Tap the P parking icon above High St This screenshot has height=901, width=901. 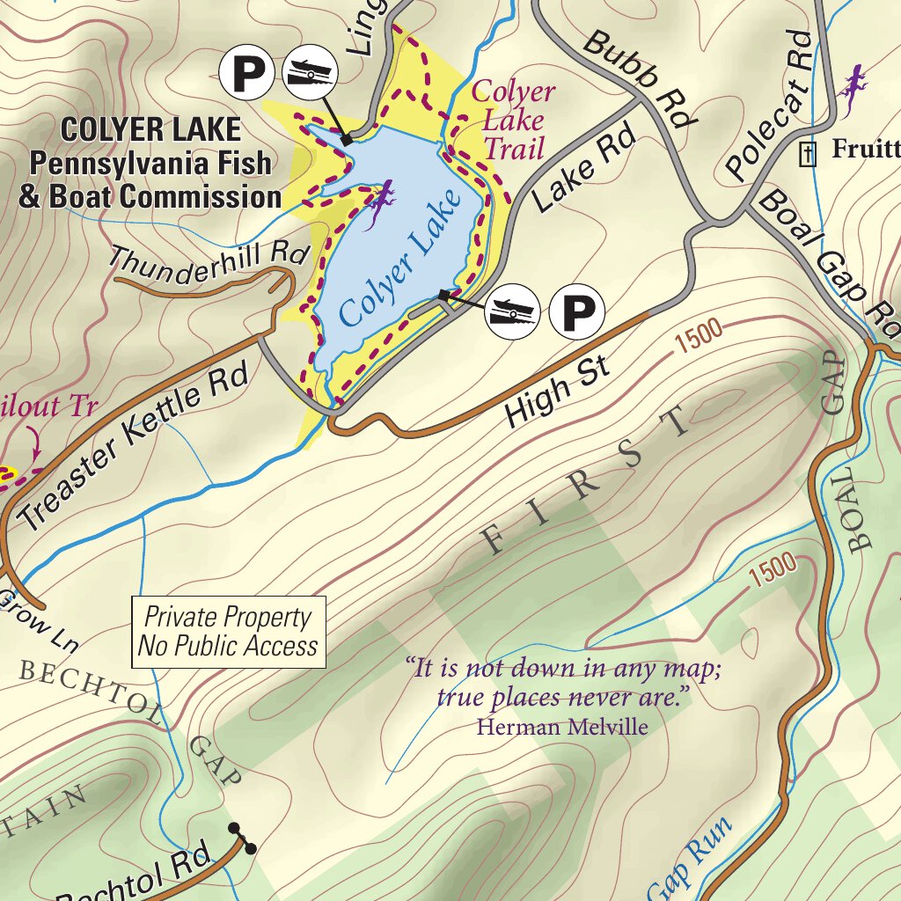[x=577, y=311]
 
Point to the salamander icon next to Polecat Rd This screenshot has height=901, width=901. [x=852, y=91]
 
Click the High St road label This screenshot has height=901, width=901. [x=558, y=390]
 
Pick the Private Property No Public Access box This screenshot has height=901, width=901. [x=228, y=632]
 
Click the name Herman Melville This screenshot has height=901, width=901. [x=561, y=727]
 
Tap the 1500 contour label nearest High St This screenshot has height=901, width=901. [x=700, y=335]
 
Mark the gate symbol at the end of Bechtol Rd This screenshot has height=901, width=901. [x=243, y=839]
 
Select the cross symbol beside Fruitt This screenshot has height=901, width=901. [x=805, y=154]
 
